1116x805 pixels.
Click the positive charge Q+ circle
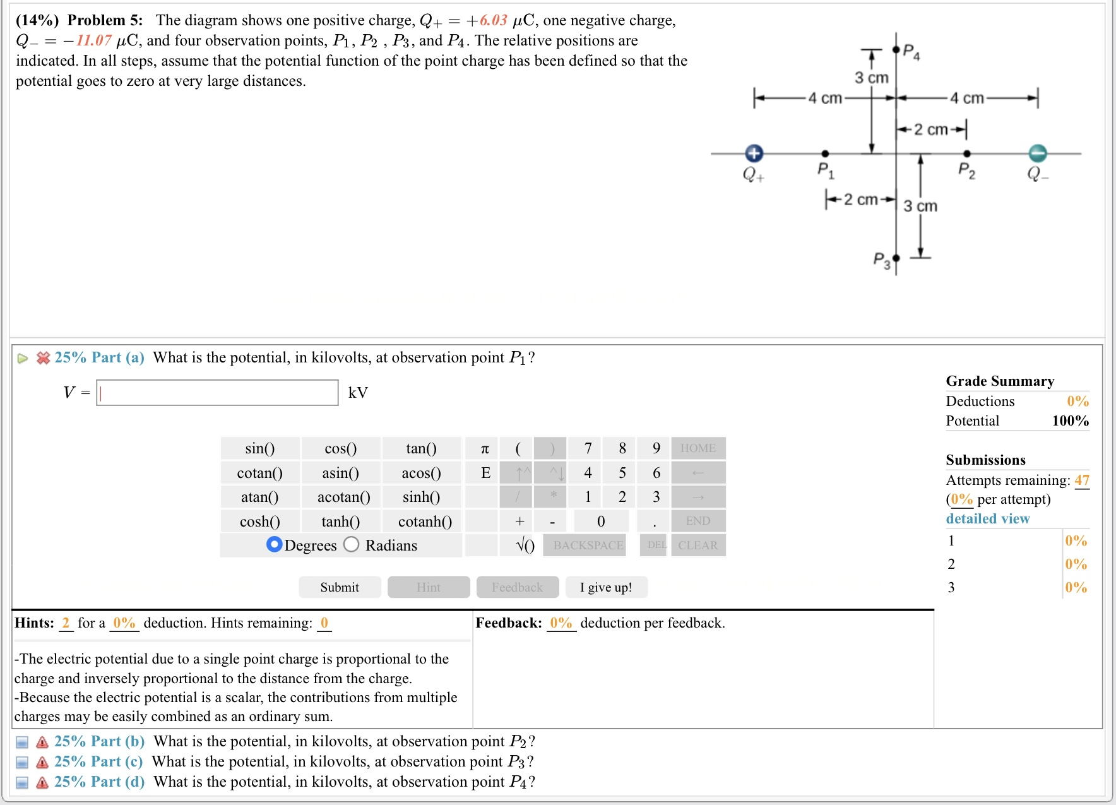tap(754, 153)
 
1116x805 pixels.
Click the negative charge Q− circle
tap(1038, 153)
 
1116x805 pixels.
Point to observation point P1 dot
tap(825, 153)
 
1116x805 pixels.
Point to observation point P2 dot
tap(966, 153)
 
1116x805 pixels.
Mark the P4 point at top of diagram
tap(896, 49)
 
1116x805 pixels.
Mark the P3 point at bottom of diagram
tap(896, 258)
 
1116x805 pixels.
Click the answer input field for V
tap(217, 393)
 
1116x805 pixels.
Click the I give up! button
tap(606, 587)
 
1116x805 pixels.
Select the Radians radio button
tap(352, 544)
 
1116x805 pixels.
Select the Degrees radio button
tap(275, 544)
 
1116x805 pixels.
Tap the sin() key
tap(259, 448)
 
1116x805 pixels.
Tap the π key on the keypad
tap(485, 448)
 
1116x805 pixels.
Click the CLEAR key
tap(697, 546)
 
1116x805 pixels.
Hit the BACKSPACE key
tap(588, 546)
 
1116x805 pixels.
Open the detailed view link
tap(987, 518)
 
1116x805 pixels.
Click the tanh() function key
tap(340, 522)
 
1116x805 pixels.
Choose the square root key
tap(525, 546)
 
